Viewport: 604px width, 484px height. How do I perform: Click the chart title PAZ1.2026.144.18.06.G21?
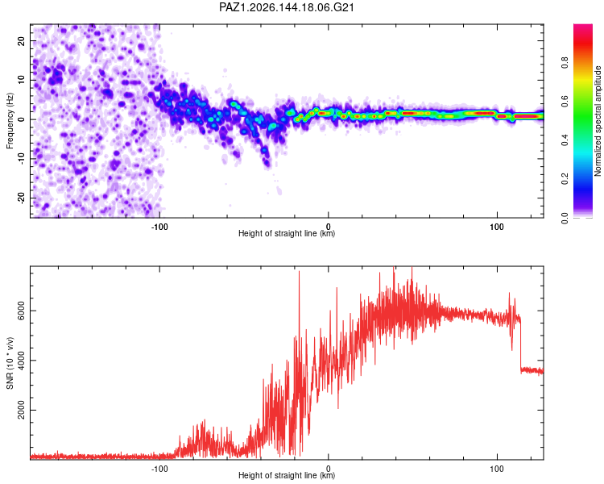pos(286,7)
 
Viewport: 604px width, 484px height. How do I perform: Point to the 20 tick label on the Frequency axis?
pos(22,40)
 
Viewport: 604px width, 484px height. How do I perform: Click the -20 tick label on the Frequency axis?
pos(22,198)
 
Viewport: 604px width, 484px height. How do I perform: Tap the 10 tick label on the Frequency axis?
pos(22,80)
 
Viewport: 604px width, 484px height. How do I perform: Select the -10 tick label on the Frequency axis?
pos(22,159)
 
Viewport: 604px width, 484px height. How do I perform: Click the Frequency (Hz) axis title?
pos(10,121)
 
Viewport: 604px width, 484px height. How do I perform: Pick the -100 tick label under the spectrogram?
pos(159,227)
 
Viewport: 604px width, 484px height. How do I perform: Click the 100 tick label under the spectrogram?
pos(497,227)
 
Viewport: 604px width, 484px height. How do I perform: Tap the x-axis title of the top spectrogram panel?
pos(287,233)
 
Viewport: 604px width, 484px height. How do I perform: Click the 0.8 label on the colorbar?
pos(565,62)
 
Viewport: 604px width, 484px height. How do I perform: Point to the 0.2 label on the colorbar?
pos(565,179)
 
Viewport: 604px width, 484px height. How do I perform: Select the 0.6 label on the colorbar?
pos(565,101)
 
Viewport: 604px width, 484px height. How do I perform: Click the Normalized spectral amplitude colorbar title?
pos(598,121)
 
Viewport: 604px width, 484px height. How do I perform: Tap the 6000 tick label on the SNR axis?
pos(22,311)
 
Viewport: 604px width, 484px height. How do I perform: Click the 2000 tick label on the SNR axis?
pos(22,410)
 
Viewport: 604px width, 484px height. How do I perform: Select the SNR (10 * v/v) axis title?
pos(10,363)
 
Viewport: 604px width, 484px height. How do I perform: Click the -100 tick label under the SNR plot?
pos(159,469)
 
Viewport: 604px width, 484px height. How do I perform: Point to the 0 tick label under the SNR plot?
pos(329,469)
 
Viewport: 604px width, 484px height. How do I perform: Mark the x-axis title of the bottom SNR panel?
pos(287,475)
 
